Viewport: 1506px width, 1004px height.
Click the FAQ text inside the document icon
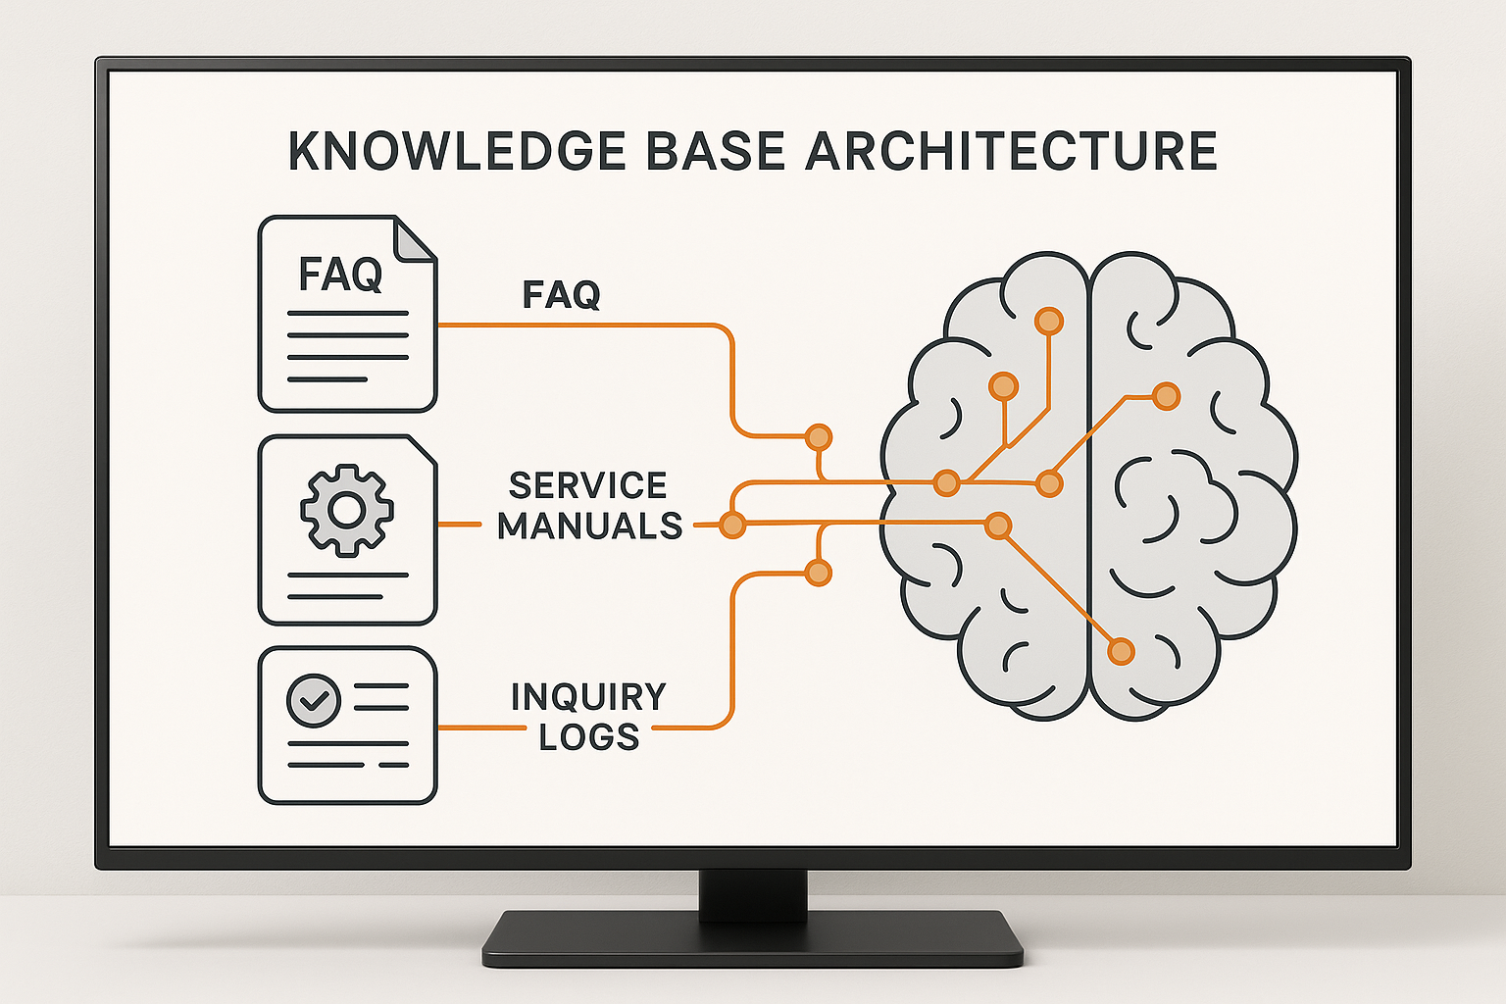point(339,275)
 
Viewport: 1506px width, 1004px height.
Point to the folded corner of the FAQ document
point(414,239)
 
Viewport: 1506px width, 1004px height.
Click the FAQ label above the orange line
point(561,295)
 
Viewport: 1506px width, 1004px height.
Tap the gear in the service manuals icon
point(347,510)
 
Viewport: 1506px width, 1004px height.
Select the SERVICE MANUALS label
point(589,506)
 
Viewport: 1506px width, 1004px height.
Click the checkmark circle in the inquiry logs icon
point(313,700)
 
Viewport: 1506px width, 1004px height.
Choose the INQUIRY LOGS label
point(588,717)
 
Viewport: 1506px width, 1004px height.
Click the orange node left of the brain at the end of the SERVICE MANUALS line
point(731,525)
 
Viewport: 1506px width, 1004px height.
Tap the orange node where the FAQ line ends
point(818,437)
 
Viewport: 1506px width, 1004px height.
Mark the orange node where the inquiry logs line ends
point(818,573)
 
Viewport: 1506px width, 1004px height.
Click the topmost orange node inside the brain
point(1049,321)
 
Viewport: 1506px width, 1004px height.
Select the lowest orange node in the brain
point(1121,651)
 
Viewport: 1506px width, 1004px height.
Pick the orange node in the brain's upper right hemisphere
point(1166,396)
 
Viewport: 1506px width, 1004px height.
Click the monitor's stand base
point(752,938)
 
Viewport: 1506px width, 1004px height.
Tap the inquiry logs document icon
point(347,726)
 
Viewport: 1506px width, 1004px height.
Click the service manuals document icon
point(347,529)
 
